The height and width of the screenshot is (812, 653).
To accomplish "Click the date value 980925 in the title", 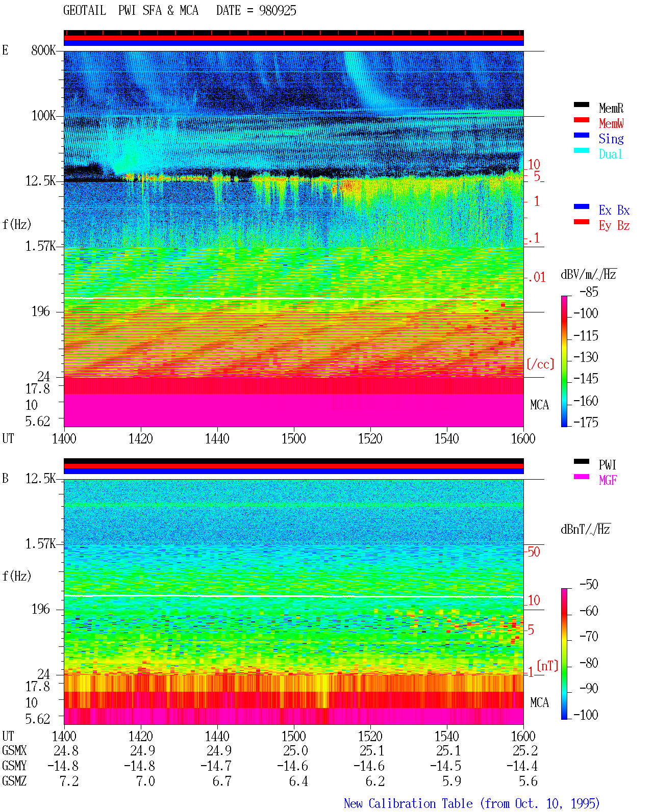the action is (x=278, y=11).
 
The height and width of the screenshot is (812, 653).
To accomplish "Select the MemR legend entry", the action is (x=611, y=108).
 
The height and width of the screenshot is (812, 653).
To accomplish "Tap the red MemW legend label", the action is (x=611, y=123).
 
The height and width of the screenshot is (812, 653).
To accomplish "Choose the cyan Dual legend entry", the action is (x=610, y=154).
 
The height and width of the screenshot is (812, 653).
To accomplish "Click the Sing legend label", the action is (x=611, y=139).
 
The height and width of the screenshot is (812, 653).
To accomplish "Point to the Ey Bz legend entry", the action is (x=614, y=225).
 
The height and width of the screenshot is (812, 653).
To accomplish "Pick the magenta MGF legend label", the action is (x=608, y=480).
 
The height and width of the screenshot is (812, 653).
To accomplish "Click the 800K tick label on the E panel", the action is (x=43, y=50).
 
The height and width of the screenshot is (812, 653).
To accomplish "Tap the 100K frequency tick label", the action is (x=43, y=116).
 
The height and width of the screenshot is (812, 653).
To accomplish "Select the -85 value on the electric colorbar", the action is (x=589, y=292).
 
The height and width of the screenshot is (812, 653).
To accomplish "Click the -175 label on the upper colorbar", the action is (x=586, y=422).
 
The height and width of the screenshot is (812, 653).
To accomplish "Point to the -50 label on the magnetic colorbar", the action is (x=589, y=585).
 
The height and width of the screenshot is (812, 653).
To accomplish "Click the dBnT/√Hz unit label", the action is (x=585, y=529).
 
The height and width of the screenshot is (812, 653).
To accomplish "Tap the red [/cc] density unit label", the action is (x=540, y=364).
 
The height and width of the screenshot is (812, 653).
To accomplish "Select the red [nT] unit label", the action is (x=547, y=665).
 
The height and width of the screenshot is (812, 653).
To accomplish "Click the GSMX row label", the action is (x=14, y=750).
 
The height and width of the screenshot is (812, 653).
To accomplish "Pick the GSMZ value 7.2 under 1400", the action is (x=69, y=781).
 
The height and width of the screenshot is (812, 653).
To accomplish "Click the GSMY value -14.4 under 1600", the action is (x=521, y=766).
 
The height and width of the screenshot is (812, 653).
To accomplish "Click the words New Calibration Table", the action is (x=408, y=804).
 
